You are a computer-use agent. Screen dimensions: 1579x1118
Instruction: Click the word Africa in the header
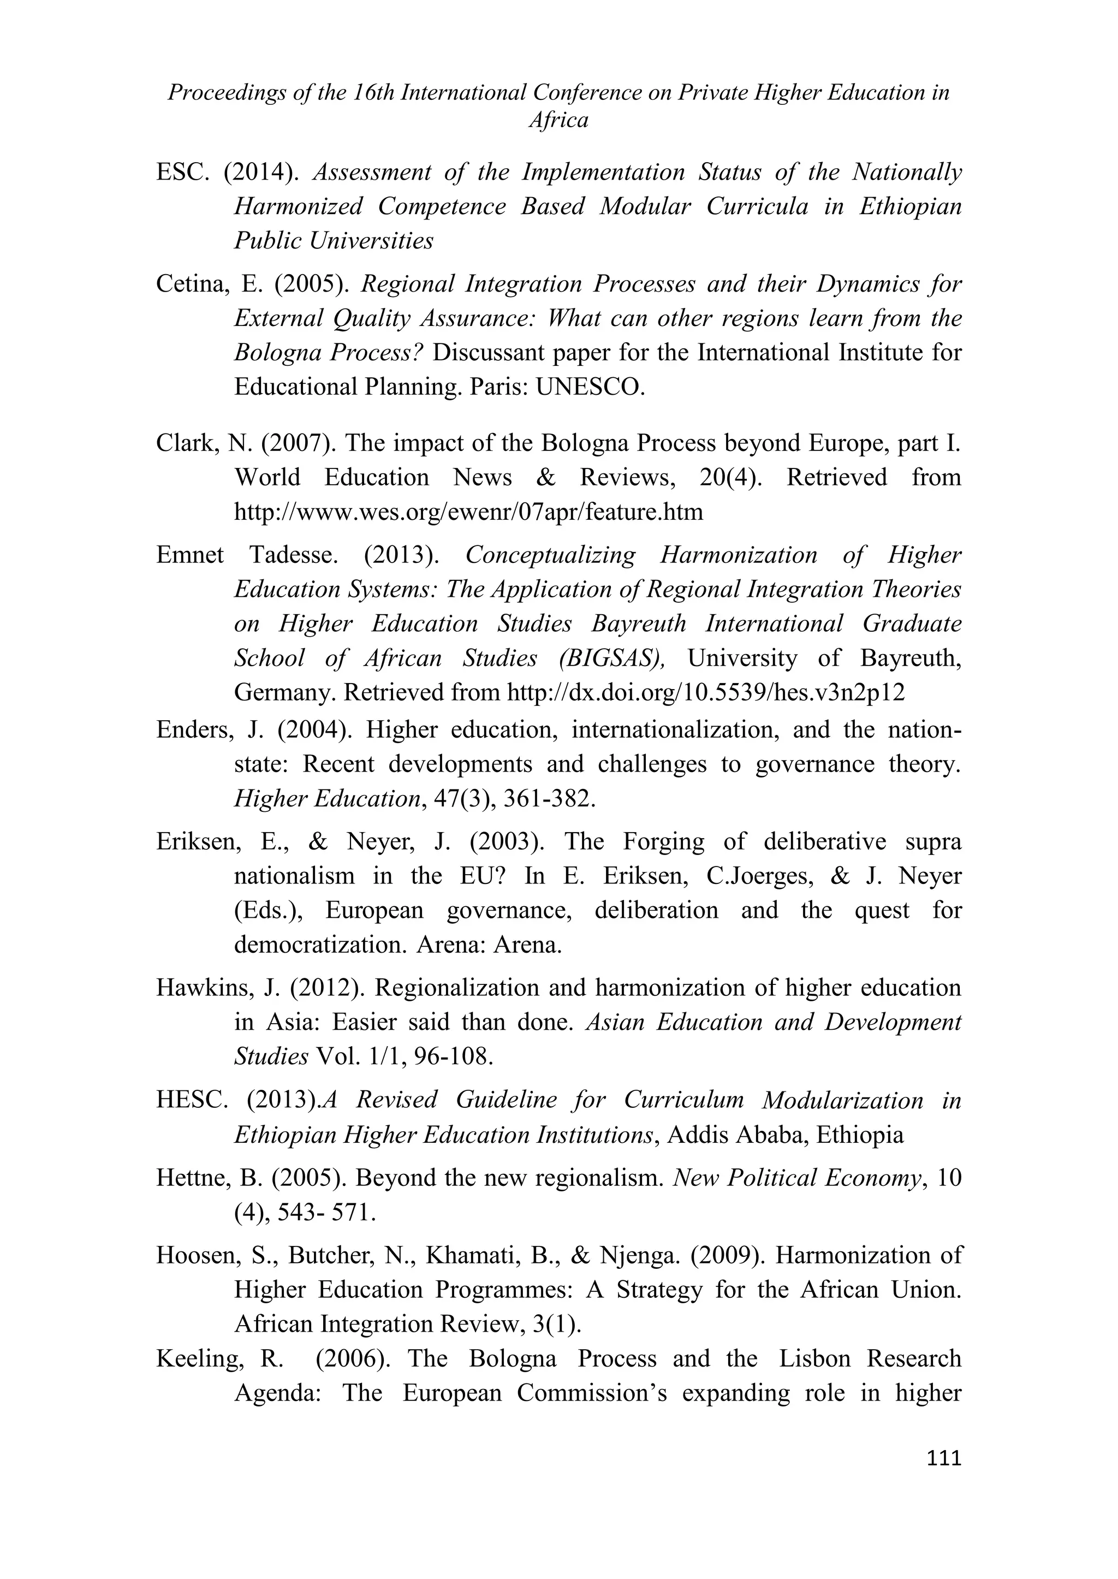pyautogui.click(x=558, y=121)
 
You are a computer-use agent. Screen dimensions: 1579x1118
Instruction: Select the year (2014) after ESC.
pyautogui.click(x=261, y=172)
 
